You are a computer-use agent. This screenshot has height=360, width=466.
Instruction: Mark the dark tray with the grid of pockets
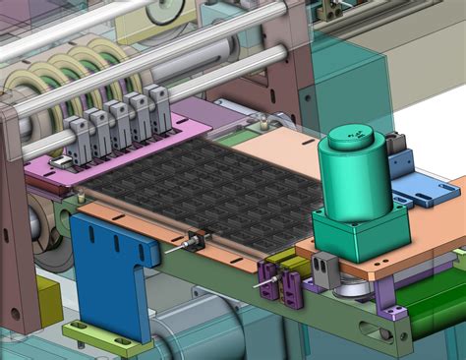pyautogui.click(x=197, y=187)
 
